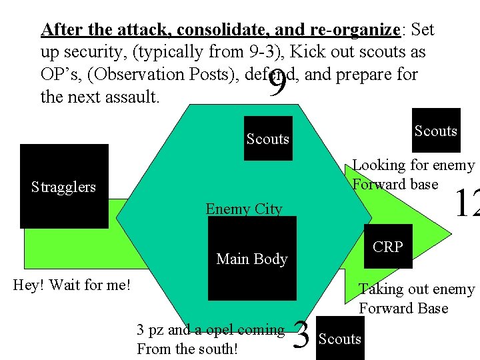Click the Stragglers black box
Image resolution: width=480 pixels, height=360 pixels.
coord(64,187)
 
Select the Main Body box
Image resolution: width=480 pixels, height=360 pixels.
coord(252,259)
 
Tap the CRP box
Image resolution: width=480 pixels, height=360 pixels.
coord(388,247)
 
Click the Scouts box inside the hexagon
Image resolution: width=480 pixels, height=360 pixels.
coord(267,139)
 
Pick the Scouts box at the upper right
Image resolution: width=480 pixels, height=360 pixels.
coord(436,131)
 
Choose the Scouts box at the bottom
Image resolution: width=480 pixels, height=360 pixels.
coord(339,339)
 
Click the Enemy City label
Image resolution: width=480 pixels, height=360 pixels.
coord(244,209)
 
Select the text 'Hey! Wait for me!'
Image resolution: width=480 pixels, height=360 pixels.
coord(72,285)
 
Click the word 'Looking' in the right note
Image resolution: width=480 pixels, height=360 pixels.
coord(379,165)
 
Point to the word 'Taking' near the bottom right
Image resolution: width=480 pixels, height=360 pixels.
coord(381,289)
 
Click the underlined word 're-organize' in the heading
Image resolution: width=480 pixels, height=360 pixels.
coord(354,30)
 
